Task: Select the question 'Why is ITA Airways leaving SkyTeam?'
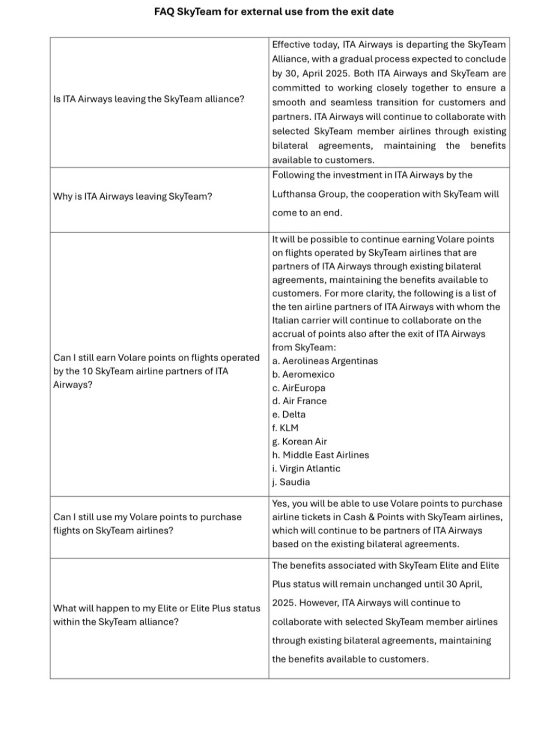[x=132, y=197]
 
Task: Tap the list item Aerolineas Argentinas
[x=325, y=361]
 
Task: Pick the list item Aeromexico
[x=303, y=374]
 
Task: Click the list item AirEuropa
[x=299, y=388]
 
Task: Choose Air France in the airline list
[x=300, y=401]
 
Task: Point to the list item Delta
[x=289, y=415]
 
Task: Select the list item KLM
[x=285, y=428]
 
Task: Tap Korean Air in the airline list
[x=300, y=442]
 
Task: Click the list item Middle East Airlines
[x=321, y=455]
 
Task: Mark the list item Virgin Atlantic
[x=306, y=469]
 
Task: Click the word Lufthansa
[x=294, y=194]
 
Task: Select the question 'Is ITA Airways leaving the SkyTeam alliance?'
[x=149, y=99]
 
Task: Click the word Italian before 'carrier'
[x=286, y=320]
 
